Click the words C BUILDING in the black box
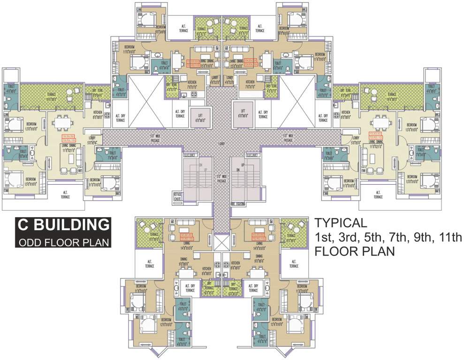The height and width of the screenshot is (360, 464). (63, 225)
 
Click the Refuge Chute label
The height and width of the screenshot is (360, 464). (177, 197)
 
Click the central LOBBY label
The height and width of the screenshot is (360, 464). (221, 144)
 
